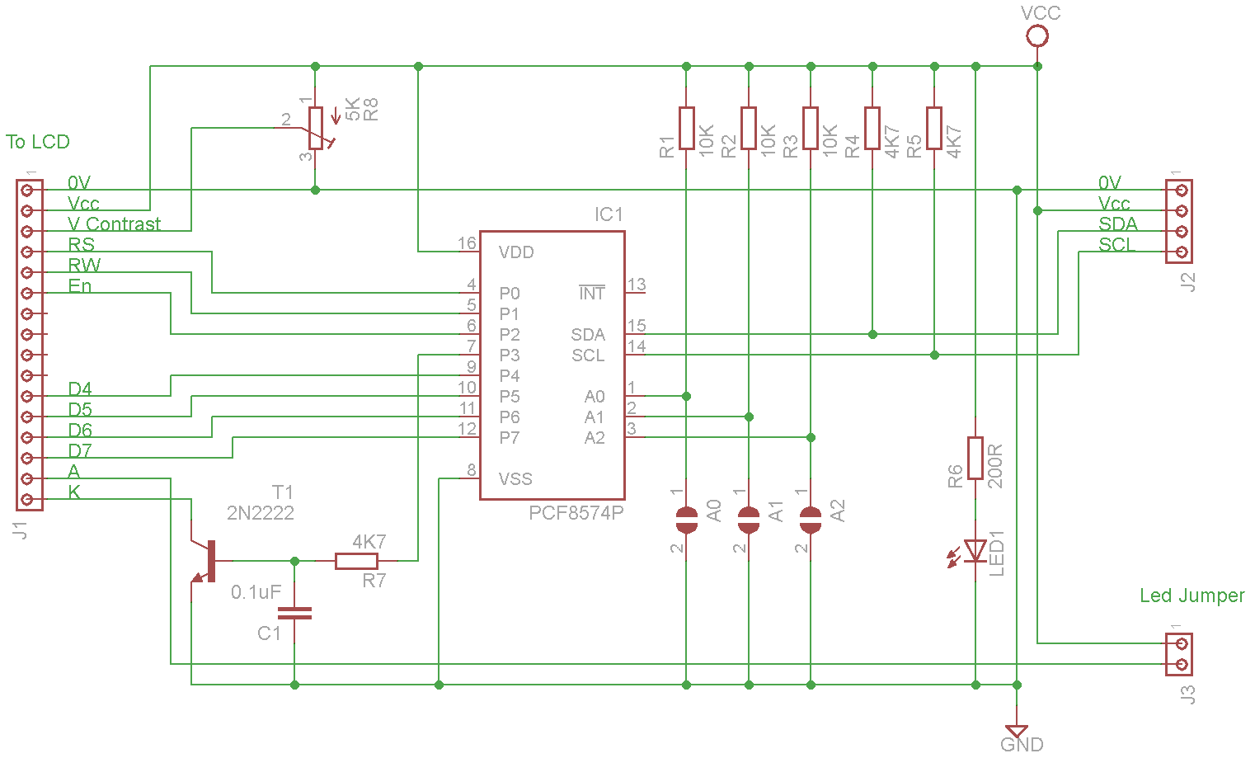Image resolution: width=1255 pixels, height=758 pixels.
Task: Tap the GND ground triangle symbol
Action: tap(1017, 731)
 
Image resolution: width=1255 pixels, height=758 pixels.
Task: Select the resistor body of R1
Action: tap(686, 129)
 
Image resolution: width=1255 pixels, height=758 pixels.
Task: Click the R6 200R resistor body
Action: tap(975, 459)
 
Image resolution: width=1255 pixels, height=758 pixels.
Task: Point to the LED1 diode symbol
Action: tap(975, 551)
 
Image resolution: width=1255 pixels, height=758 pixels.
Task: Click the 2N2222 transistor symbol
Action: tap(207, 561)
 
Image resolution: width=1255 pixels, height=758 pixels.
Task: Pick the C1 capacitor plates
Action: tap(294, 613)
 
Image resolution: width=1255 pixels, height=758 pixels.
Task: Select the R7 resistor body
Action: tap(356, 561)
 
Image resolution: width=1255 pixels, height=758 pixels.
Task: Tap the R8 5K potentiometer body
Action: tap(316, 129)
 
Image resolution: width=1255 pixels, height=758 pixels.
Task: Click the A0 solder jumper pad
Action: tap(686, 520)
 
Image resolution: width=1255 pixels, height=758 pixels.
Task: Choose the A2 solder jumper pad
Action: tap(811, 520)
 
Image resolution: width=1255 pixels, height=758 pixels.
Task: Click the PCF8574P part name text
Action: tap(576, 513)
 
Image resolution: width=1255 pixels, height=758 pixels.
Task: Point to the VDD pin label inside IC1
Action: tap(516, 252)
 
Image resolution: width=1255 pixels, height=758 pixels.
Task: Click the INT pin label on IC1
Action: tap(592, 293)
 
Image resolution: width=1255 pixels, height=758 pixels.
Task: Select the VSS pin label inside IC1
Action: tap(515, 479)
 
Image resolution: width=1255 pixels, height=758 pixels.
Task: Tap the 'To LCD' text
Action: tap(38, 142)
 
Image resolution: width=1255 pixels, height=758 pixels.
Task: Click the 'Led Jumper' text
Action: tap(1192, 595)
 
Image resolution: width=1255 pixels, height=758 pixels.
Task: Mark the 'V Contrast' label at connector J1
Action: tap(114, 224)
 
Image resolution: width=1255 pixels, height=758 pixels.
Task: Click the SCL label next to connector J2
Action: tap(1116, 245)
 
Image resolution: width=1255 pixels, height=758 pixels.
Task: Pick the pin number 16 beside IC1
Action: tap(467, 243)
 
